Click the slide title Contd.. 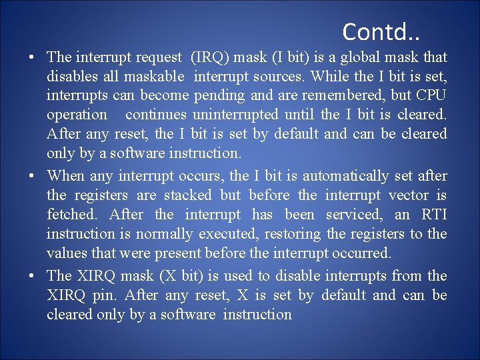(382, 31)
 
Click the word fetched (73, 215)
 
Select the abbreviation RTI (434, 215)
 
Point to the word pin (107, 295)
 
